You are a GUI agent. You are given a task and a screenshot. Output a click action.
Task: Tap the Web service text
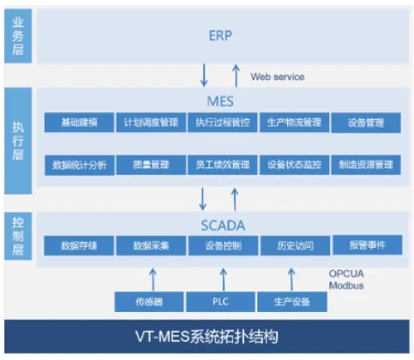pyautogui.click(x=277, y=77)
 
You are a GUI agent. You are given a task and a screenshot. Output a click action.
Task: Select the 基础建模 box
pyautogui.click(x=79, y=123)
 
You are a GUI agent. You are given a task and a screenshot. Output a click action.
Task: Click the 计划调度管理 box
pyautogui.click(x=151, y=123)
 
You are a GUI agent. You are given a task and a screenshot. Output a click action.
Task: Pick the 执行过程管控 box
pyautogui.click(x=222, y=123)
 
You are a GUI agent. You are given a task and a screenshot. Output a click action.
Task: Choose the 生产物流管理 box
pyautogui.click(x=293, y=123)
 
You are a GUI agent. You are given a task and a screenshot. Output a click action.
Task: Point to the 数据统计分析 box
pyautogui.click(x=79, y=164)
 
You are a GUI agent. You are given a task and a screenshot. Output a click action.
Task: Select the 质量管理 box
pyautogui.click(x=151, y=164)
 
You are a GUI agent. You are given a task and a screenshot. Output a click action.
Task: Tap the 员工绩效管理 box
pyautogui.click(x=222, y=164)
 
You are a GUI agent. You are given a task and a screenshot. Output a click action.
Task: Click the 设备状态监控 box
pyautogui.click(x=293, y=164)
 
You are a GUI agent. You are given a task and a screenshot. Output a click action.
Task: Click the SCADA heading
pyautogui.click(x=219, y=225)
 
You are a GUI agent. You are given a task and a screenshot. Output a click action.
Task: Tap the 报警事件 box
pyautogui.click(x=366, y=244)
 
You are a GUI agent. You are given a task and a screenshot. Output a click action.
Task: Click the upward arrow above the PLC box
pyautogui.click(x=222, y=276)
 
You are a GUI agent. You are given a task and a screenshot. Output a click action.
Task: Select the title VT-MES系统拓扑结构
pyautogui.click(x=207, y=336)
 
